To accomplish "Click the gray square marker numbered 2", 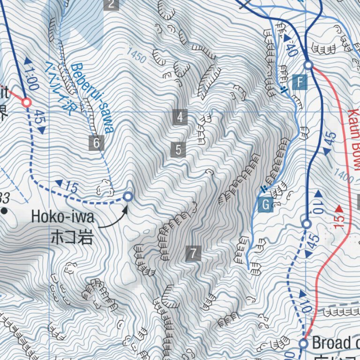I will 111,5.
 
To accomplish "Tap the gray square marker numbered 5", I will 178,150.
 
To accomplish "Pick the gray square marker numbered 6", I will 96,142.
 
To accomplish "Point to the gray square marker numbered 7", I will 193,253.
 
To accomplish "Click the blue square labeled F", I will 299,83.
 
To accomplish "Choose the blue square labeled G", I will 266,204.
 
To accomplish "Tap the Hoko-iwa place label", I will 63,217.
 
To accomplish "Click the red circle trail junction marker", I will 27,102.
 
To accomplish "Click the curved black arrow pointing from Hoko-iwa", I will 115,220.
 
